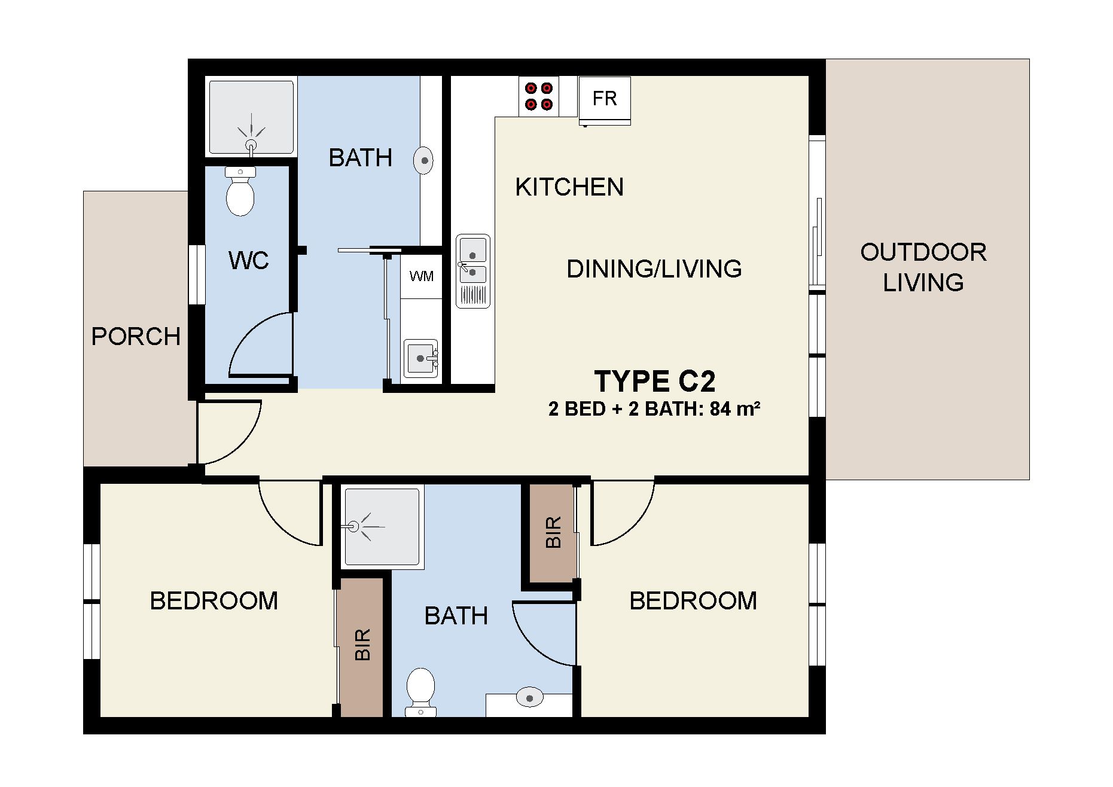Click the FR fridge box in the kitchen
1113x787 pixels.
coord(605,100)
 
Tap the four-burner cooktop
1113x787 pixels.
coord(539,96)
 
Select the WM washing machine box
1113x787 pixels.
coord(422,276)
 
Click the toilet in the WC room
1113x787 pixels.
coord(240,191)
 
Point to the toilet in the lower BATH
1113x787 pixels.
coord(420,693)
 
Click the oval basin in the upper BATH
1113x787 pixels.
coord(423,160)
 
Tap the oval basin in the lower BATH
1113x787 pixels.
coord(529,697)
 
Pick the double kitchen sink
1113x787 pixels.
coord(473,271)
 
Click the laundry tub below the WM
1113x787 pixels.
coord(421,358)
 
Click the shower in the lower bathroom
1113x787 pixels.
coord(382,527)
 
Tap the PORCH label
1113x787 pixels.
coord(136,337)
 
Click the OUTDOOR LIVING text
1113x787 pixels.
coord(923,267)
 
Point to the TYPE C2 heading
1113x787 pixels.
coord(655,381)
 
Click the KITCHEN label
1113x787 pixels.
coord(569,187)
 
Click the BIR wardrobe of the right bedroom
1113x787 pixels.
coord(553,532)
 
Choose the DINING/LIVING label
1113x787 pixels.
coord(654,269)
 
